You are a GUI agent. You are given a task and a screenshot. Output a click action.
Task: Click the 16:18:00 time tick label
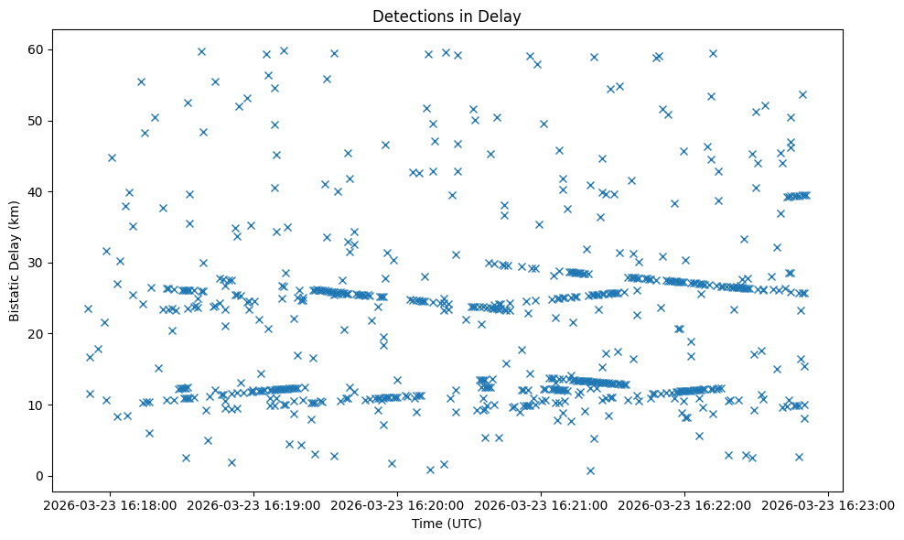coord(111,504)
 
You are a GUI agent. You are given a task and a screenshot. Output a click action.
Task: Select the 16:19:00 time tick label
coord(254,504)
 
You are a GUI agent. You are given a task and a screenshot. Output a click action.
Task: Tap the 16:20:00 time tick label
coord(398,504)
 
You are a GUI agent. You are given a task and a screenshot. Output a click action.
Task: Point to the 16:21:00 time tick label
coord(542,504)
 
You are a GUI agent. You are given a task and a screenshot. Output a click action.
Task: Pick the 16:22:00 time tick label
coord(685,504)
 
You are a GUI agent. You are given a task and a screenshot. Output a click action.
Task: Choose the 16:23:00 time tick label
coord(829,504)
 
